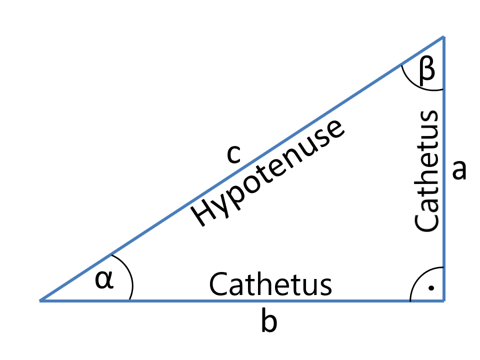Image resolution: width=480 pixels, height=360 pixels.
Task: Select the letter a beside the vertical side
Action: coord(458,170)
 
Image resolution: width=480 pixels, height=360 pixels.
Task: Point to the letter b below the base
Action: coord(269,323)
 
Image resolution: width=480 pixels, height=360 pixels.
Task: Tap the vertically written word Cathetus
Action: coord(427,170)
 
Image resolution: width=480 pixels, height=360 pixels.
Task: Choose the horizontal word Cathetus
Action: coord(270,284)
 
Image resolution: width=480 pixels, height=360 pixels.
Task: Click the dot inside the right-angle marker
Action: coord(432,288)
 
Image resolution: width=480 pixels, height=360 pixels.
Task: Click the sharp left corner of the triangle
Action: coord(40,300)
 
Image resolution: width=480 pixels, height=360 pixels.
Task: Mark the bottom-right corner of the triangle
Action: coord(443,300)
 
